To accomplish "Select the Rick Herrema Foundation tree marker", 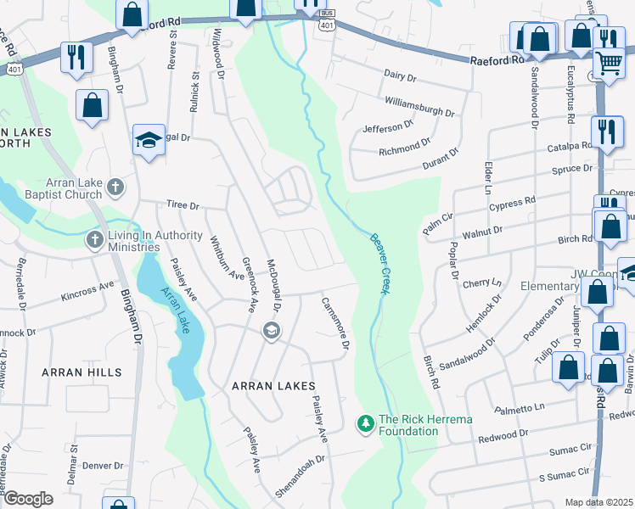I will click(x=365, y=422).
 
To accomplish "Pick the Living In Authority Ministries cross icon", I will click(x=93, y=239).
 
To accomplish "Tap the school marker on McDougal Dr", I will click(x=272, y=332).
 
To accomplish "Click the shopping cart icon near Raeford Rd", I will click(x=608, y=62).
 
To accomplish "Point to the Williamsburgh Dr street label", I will click(x=419, y=106).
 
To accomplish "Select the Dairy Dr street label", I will click(x=401, y=77).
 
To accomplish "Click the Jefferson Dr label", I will click(x=388, y=126).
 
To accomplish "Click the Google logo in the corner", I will click(x=27, y=498).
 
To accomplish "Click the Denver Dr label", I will click(x=103, y=466).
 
